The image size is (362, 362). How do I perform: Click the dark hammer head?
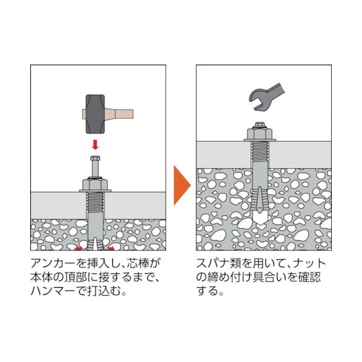point(95,114)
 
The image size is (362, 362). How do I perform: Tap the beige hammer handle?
point(119,114)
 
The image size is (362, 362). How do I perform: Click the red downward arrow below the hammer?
point(95,145)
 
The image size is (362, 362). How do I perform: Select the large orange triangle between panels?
point(182,185)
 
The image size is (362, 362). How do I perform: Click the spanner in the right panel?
point(267,96)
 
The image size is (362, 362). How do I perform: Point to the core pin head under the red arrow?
point(95,158)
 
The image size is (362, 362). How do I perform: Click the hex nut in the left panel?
point(95,184)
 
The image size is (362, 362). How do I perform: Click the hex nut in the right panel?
point(260,133)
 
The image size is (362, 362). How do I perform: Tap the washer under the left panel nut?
point(95,191)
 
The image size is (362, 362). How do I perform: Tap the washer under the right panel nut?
point(260,140)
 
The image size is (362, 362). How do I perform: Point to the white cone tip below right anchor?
point(260,218)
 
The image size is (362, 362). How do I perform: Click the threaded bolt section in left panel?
point(95,203)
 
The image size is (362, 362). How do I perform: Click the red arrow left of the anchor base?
point(79,249)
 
